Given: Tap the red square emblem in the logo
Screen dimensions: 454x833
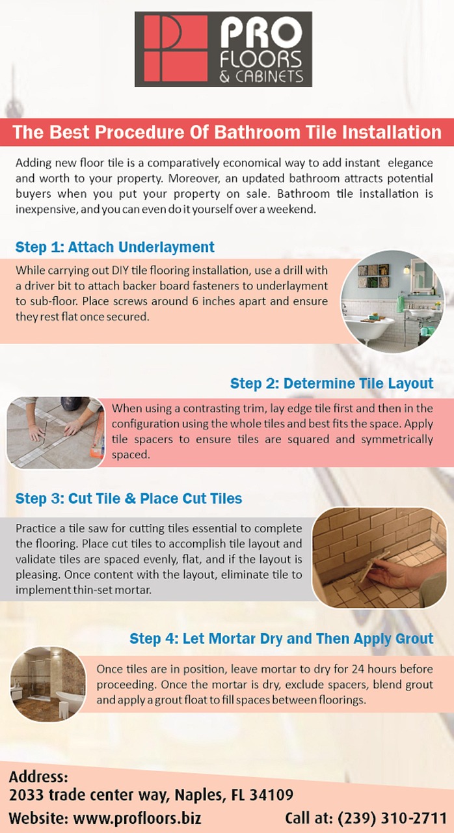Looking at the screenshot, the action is (176, 48).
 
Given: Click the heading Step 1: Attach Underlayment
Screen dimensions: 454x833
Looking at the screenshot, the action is (114, 247).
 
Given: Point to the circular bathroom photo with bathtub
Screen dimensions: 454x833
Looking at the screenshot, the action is (393, 301).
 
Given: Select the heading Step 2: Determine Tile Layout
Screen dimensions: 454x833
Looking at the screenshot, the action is (332, 383).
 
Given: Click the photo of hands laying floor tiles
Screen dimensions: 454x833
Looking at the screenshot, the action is (56, 433).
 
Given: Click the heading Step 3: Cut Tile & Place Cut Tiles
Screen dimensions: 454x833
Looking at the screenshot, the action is (129, 498).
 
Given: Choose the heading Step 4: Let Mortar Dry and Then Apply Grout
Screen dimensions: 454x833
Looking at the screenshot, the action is (281, 638).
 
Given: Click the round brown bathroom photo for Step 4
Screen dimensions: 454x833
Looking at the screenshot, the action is (48, 684).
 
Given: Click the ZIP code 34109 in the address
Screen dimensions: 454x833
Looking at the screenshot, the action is (271, 795).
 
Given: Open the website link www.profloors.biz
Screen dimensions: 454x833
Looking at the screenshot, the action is (137, 818).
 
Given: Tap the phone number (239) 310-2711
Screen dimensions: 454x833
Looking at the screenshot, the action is (392, 818).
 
